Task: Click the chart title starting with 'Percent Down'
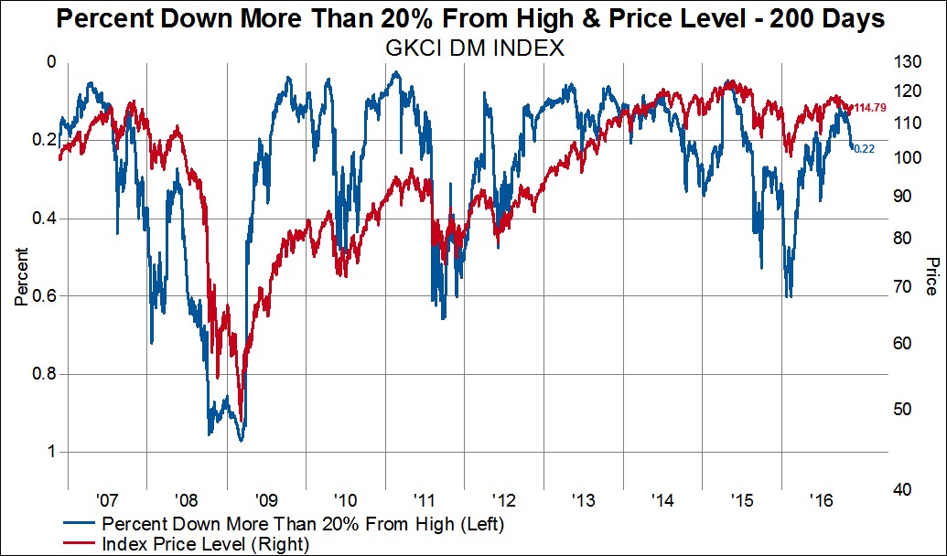click(x=473, y=18)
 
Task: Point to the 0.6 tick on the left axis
click(x=46, y=296)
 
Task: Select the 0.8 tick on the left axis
click(x=46, y=374)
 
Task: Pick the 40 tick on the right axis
click(x=904, y=490)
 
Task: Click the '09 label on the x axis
click(x=266, y=500)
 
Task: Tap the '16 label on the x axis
click(x=821, y=500)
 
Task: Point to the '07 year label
click(x=107, y=500)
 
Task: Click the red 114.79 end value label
click(x=870, y=108)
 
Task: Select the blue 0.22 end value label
click(x=865, y=149)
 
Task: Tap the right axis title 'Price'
click(x=931, y=275)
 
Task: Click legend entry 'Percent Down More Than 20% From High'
click(x=302, y=525)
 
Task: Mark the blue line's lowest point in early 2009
click(x=241, y=441)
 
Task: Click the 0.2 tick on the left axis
click(x=46, y=140)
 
